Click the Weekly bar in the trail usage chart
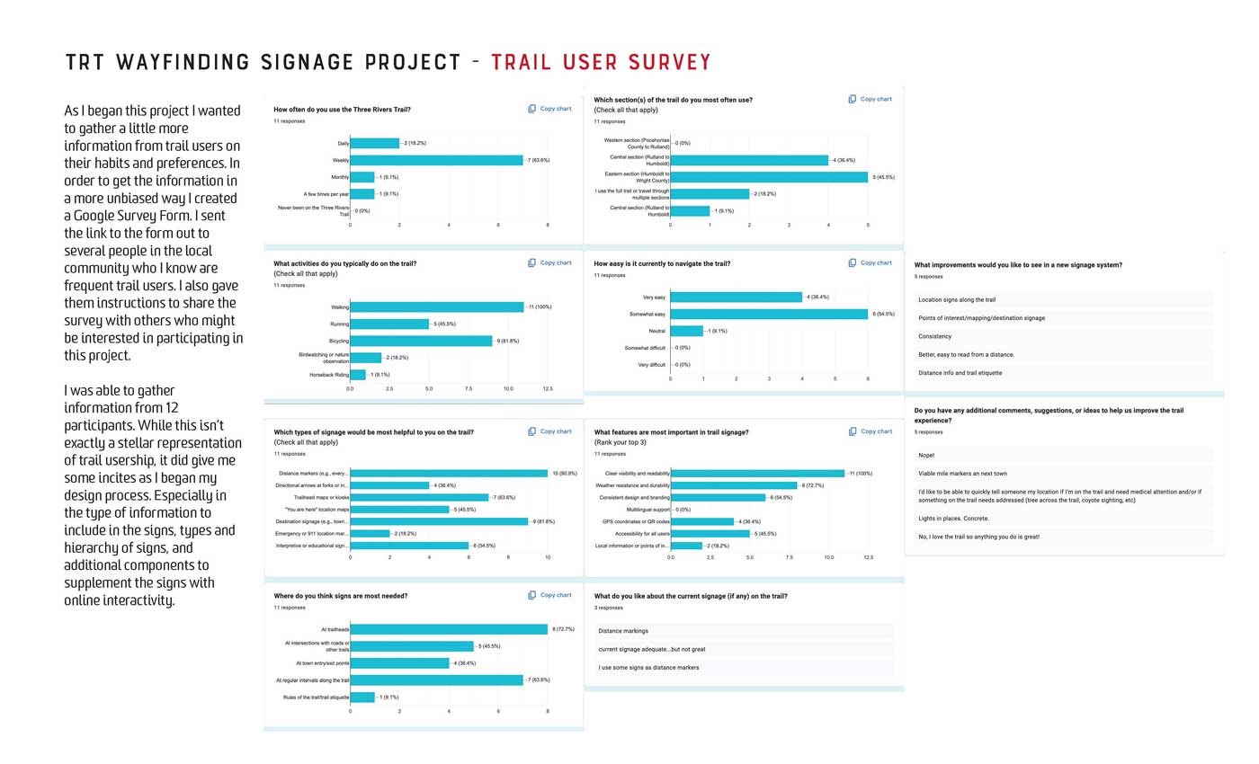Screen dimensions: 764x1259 [436, 160]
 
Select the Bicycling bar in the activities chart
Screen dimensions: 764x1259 [421, 341]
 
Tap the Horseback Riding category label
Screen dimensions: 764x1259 [329, 375]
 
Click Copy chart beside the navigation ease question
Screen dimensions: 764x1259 [870, 263]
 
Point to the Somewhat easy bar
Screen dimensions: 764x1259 [769, 314]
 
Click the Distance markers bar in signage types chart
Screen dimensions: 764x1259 [449, 474]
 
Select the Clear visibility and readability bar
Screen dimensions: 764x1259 [757, 474]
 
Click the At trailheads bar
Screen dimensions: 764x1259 [449, 629]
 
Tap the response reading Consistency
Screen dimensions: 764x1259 [935, 336]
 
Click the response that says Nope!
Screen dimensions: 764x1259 [927, 456]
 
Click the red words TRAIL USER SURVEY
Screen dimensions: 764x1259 [601, 62]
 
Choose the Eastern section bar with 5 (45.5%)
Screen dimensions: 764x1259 [769, 177]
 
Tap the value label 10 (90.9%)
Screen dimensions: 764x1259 [565, 474]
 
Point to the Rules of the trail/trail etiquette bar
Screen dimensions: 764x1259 [362, 697]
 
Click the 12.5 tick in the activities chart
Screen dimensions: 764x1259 [549, 389]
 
